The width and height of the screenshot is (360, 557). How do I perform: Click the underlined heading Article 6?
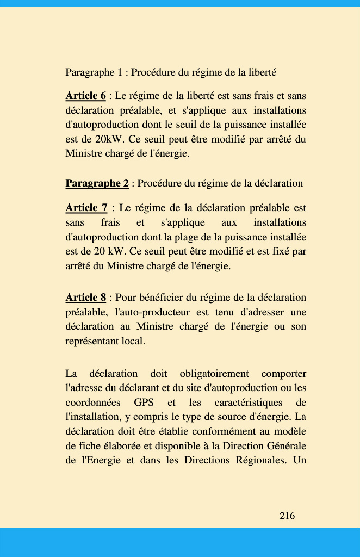pyautogui.click(x=85, y=96)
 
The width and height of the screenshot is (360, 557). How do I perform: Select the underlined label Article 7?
pyautogui.click(x=86, y=208)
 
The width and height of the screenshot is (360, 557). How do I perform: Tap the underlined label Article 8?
pyautogui.click(x=85, y=298)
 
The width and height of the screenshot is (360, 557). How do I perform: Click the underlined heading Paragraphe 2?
pyautogui.click(x=97, y=183)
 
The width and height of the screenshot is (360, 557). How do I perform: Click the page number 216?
pyautogui.click(x=287, y=516)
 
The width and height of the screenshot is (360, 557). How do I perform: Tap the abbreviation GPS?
pyautogui.click(x=144, y=403)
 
